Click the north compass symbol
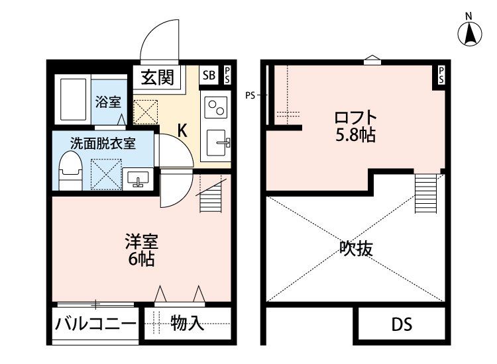tap(470, 32)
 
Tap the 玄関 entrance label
tap(157, 77)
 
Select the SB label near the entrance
tap(209, 75)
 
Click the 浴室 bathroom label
tap(107, 102)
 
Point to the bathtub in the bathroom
tap(72, 101)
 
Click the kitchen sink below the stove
tap(217, 142)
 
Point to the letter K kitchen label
tap(182, 130)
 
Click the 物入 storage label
tap(187, 324)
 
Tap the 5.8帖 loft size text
tap(356, 136)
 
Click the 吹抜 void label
tap(356, 249)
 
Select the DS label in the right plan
tap(401, 324)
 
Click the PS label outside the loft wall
tap(250, 95)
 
